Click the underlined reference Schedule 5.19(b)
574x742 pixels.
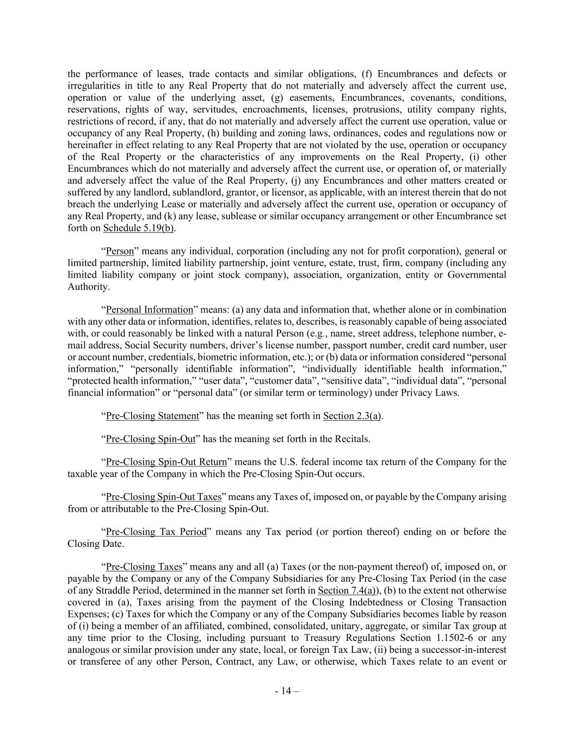[138, 228]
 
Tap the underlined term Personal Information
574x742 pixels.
[150, 310]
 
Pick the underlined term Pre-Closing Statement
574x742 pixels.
[152, 416]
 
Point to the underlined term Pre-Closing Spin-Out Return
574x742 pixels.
[166, 462]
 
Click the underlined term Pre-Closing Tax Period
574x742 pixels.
[156, 532]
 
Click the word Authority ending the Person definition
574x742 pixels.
[88, 286]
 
